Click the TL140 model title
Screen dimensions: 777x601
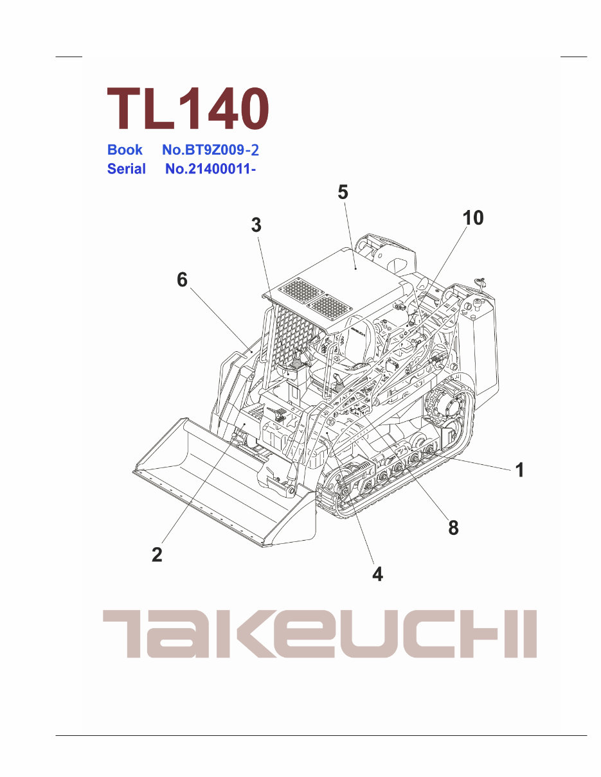click(x=187, y=109)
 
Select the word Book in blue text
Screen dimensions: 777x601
click(x=125, y=150)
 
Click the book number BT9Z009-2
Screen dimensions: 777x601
click(x=211, y=150)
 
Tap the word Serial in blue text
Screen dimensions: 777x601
click(x=127, y=170)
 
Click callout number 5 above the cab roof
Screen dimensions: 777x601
click(x=343, y=192)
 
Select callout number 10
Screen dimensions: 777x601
click(x=472, y=218)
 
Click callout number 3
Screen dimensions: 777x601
click(x=256, y=225)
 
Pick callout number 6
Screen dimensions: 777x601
click(x=183, y=280)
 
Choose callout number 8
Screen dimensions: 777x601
click(x=453, y=528)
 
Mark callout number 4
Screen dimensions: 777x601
click(x=378, y=573)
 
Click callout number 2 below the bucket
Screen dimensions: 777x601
click(x=157, y=554)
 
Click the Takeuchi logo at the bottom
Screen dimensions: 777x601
click(x=319, y=634)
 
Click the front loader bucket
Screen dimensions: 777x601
click(x=219, y=482)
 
